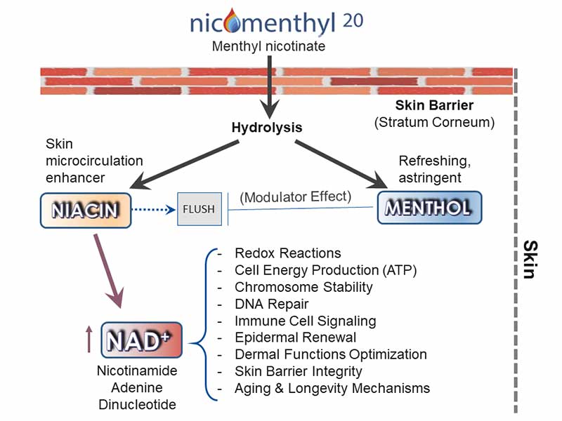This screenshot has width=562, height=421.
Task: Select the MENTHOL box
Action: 429,207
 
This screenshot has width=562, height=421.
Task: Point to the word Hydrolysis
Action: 267,128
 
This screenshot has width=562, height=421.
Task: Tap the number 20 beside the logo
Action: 354,20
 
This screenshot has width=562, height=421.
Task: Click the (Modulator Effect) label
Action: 295,197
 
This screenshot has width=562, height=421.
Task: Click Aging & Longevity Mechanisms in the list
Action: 332,388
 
